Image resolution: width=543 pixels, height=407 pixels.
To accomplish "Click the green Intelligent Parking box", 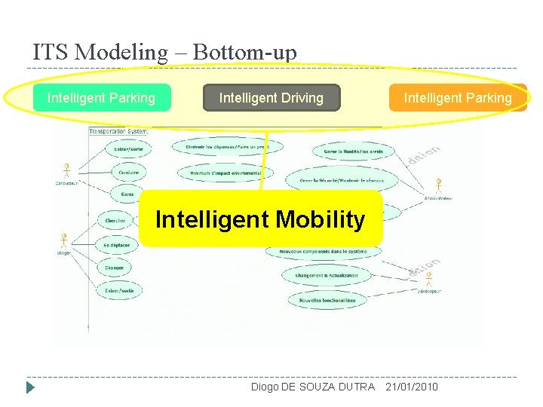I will [101, 98].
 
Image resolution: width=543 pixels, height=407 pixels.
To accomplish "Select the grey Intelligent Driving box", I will [271, 98].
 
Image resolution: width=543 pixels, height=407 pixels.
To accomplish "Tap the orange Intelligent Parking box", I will [457, 98].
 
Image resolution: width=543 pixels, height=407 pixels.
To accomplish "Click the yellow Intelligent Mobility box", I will [260, 219].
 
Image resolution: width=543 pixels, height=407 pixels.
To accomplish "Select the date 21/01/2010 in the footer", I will [411, 387].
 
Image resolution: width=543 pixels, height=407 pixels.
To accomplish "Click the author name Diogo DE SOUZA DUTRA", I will [312, 387].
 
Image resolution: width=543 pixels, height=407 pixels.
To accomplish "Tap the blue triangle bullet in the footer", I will [30, 387].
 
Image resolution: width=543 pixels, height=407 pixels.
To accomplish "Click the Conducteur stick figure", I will [67, 171].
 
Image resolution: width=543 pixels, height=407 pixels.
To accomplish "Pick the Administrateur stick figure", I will [438, 186].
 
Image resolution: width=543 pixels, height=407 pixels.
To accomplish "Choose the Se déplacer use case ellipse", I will [117, 245].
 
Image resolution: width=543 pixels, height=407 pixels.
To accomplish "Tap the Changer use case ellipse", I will [115, 267].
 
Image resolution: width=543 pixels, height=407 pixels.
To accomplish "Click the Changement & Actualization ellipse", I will [327, 276].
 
